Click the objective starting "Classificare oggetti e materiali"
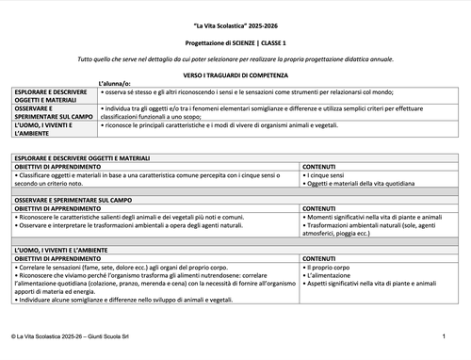tap(151, 174)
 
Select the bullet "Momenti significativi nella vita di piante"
tap(377, 217)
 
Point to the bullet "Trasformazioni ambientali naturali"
tap(377, 225)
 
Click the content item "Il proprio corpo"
tap(330, 268)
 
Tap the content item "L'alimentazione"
tap(329, 276)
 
